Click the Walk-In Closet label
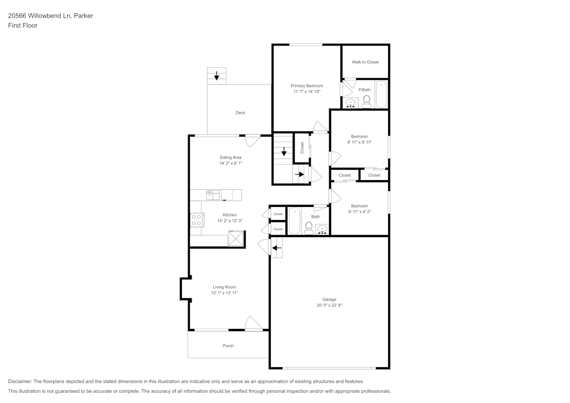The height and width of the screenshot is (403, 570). click(365, 62)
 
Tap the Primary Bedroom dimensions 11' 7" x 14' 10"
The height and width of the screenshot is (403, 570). click(307, 92)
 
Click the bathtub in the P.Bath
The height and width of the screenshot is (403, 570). click(381, 94)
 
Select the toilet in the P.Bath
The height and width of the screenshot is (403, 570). click(367, 101)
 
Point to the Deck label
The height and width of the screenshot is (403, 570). click(241, 113)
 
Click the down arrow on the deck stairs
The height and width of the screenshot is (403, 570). click(217, 75)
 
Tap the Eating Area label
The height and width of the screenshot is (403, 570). click(231, 157)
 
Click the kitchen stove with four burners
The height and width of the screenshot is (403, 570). click(197, 220)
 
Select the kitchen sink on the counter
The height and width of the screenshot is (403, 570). click(213, 195)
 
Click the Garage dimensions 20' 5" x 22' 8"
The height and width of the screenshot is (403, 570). click(329, 306)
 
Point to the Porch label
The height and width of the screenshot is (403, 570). click(228, 346)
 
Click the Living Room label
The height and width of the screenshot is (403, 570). click(224, 287)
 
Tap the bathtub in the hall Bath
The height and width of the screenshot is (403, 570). click(294, 221)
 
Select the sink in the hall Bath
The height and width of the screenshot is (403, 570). click(322, 229)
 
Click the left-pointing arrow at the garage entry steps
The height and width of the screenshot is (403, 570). click(276, 247)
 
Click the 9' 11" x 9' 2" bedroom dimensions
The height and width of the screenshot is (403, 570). click(359, 211)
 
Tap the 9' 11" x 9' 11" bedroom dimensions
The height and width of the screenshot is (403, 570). click(359, 143)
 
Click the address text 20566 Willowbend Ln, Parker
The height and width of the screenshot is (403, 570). click(50, 16)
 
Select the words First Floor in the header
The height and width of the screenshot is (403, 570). click(22, 26)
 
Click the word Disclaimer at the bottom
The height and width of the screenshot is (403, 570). click(20, 381)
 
